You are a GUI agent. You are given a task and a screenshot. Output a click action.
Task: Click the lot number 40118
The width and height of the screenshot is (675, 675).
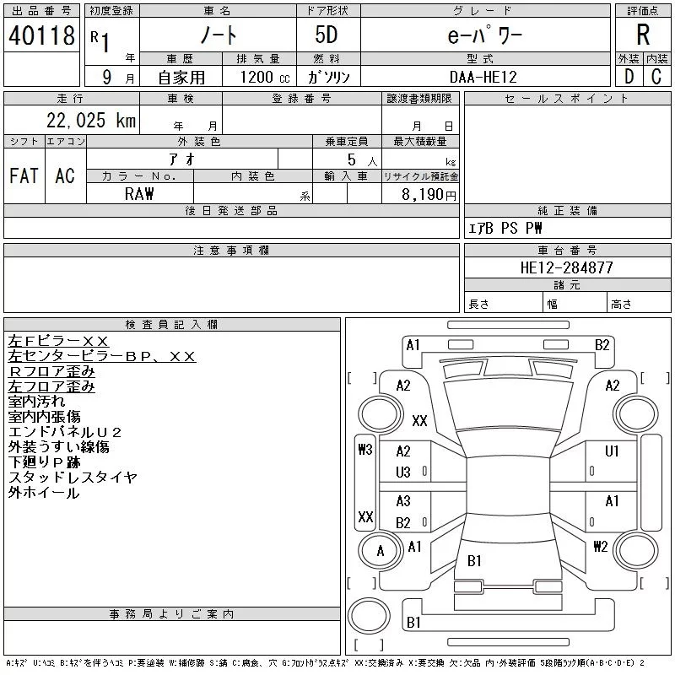pos(41,35)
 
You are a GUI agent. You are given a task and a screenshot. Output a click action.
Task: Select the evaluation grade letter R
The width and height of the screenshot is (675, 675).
pos(643,35)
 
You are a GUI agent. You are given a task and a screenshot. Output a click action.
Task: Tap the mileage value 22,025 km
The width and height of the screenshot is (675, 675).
pos(91,120)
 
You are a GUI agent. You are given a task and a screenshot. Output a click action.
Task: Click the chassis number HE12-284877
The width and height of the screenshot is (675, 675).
pos(566,267)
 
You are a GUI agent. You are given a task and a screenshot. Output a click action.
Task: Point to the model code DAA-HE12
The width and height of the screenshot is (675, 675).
pos(483,77)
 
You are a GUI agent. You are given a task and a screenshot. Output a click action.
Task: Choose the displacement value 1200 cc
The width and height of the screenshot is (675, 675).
pos(265,78)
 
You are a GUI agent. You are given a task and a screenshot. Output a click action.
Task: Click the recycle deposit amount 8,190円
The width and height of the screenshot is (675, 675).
pos(429,195)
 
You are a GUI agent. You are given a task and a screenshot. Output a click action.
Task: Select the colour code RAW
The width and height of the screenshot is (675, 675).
pos(139,194)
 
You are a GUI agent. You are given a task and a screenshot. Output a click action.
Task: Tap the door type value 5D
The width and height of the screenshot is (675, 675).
pos(327,35)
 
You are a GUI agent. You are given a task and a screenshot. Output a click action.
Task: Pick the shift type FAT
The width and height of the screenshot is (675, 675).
pos(24,175)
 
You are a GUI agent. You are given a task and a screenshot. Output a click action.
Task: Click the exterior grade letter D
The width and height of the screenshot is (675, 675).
pos(629,77)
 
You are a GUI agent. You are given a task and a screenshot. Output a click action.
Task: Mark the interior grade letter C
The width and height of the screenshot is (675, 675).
pos(656,77)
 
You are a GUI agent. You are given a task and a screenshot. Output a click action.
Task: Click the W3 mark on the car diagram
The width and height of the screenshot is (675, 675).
pos(365,450)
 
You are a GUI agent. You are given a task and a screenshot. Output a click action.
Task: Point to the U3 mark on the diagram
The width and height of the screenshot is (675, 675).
pos(403,472)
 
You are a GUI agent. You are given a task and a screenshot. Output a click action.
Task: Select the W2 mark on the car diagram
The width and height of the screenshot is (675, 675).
pos(601,547)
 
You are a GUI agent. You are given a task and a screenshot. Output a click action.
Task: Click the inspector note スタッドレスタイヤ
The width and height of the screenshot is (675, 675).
pos(73,478)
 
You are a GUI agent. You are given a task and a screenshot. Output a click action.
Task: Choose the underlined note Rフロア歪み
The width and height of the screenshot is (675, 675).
pos(51,371)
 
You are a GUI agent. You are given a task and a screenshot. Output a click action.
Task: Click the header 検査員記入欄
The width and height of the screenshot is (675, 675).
pos(171,325)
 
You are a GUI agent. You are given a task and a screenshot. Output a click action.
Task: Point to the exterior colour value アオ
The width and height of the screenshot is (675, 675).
pos(182,159)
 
